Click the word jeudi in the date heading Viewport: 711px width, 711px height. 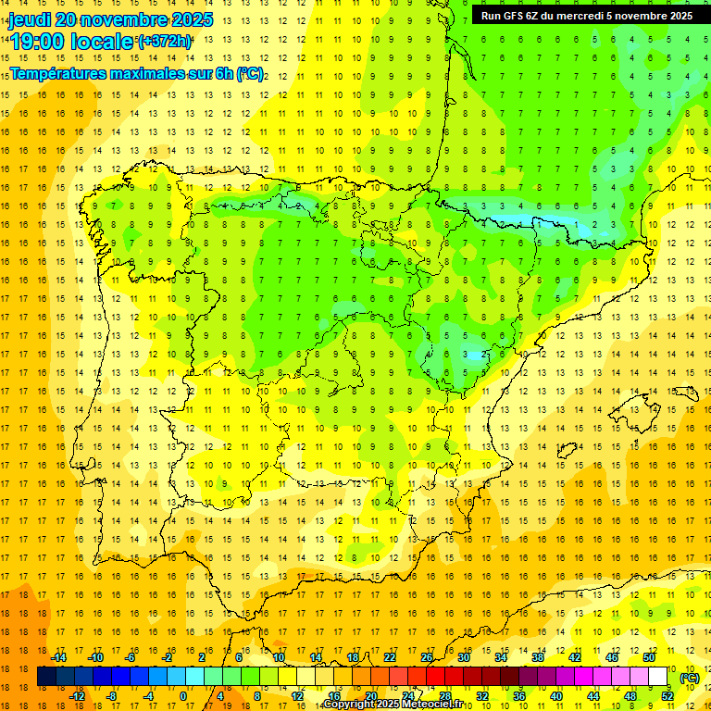coord(30,19)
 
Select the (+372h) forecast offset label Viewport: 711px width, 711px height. coord(165,42)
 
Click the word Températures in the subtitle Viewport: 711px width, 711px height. coord(57,72)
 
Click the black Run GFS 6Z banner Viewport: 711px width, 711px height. coord(586,16)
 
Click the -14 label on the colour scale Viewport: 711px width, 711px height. coord(58,657)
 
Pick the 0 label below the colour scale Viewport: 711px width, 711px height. coord(183,696)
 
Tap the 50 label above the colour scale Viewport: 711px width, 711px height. coord(649,657)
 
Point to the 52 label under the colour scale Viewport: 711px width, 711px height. coord(667,696)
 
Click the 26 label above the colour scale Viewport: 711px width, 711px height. coord(427,657)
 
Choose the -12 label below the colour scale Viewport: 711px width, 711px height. coord(77,696)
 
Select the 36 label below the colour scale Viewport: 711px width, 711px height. coord(519,696)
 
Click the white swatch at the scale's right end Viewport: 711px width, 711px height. coord(658,677)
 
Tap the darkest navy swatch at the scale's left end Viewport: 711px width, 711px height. coord(46,677)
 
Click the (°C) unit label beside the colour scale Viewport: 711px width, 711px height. coord(690,677)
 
